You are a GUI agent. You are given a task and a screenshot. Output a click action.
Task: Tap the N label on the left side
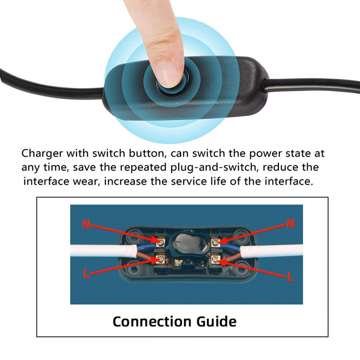(86, 224)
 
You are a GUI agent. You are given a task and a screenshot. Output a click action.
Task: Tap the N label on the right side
(291, 224)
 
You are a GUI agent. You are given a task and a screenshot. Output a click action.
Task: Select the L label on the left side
(86, 274)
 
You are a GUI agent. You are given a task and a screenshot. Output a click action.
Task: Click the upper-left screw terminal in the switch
(161, 242)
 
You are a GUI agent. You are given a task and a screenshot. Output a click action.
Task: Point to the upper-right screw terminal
(215, 242)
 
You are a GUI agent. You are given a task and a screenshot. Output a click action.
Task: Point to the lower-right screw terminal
(215, 259)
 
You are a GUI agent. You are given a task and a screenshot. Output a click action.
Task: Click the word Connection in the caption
(152, 321)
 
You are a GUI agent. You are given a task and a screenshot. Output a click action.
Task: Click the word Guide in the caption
(216, 321)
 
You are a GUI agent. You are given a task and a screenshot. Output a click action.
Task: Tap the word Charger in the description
(42, 154)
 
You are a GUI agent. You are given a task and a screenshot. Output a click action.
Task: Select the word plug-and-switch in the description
(213, 168)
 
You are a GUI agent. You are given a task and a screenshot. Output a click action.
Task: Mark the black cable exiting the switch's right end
(312, 86)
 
